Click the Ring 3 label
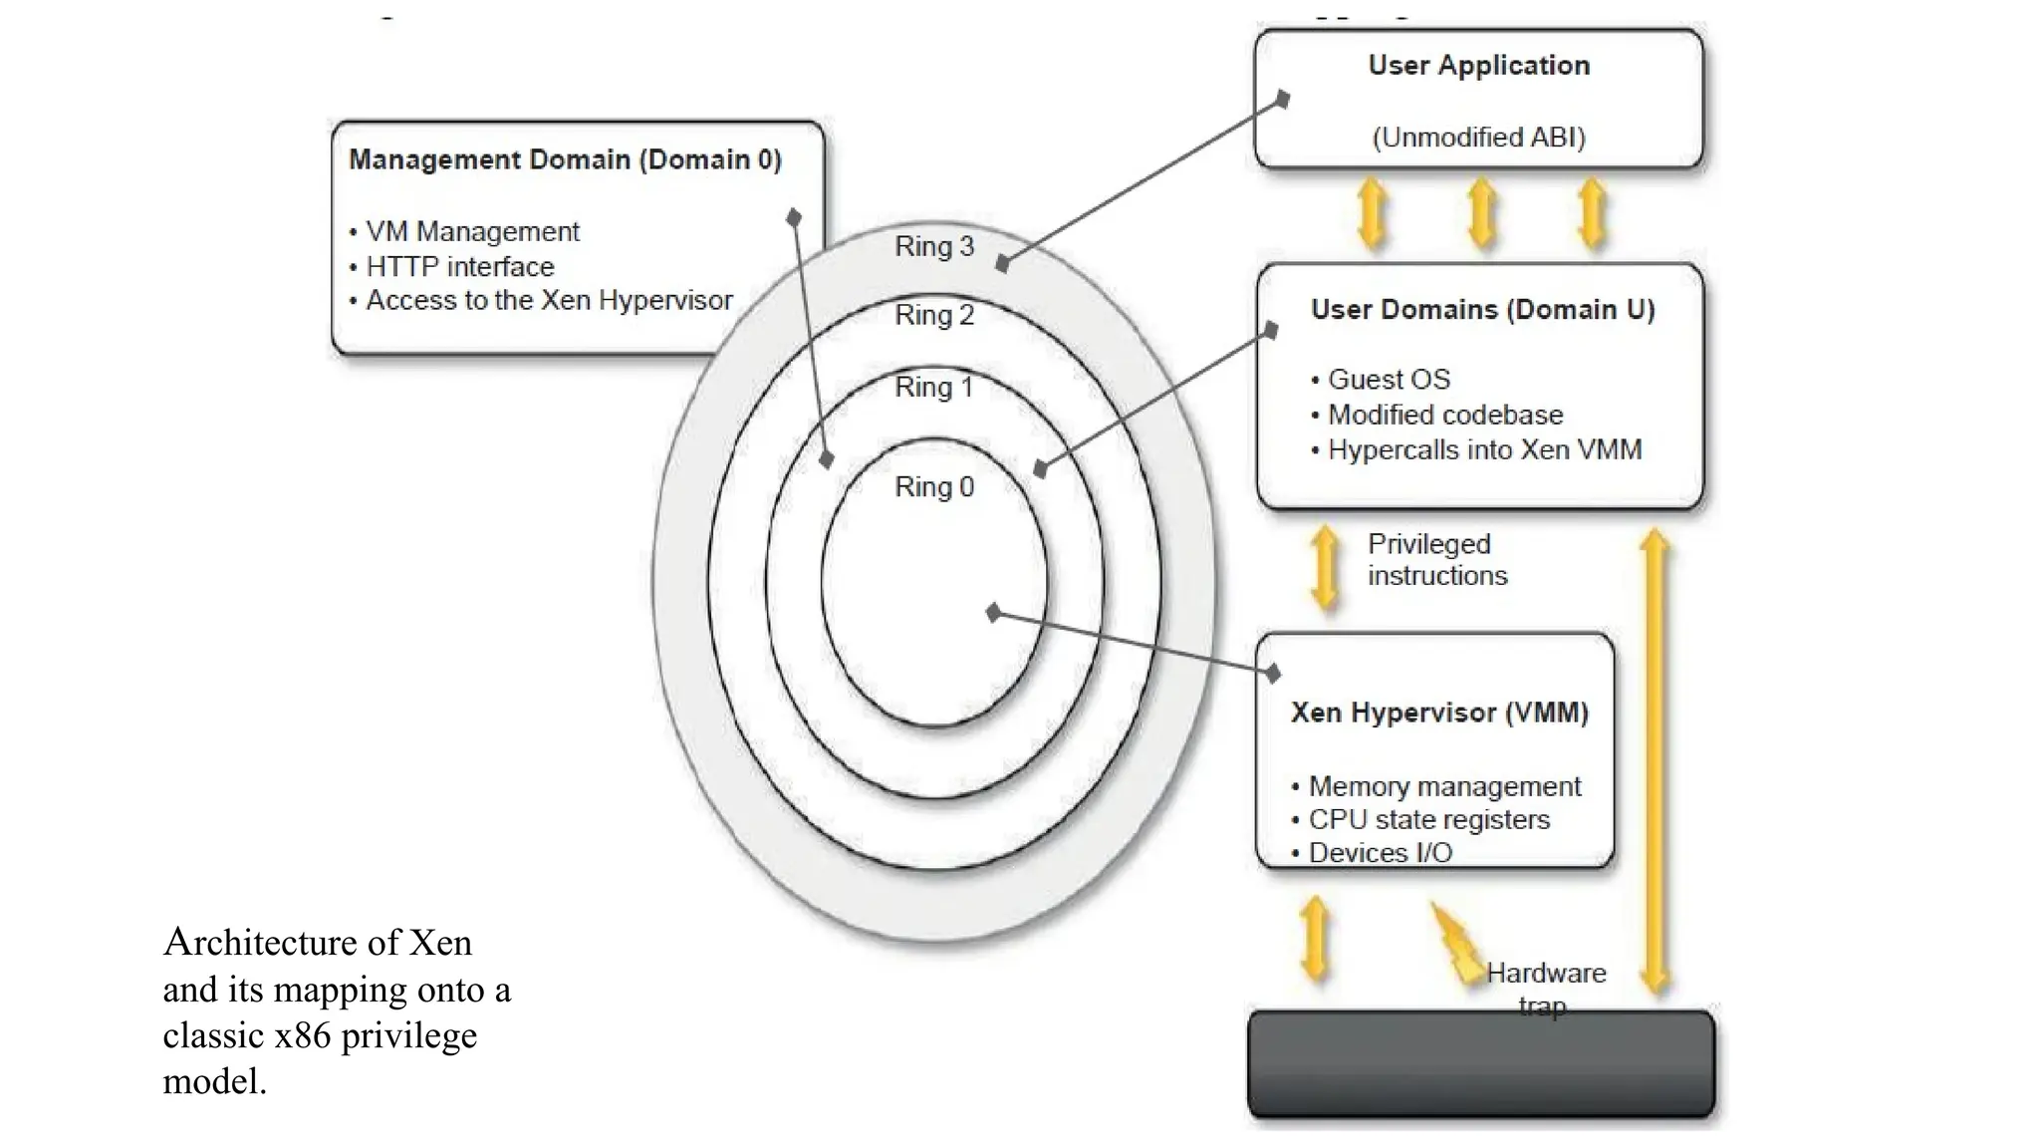pyautogui.click(x=933, y=246)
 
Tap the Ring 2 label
pyautogui.click(x=933, y=315)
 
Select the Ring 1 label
pyautogui.click(x=933, y=387)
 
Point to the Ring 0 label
pyautogui.click(x=933, y=487)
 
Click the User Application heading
pyautogui.click(x=1478, y=66)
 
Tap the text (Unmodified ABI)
pyautogui.click(x=1478, y=137)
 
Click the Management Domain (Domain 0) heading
pyautogui.click(x=565, y=159)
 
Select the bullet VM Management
pyautogui.click(x=471, y=231)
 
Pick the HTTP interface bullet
pyautogui.click(x=459, y=266)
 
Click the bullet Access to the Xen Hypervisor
pyautogui.click(x=548, y=300)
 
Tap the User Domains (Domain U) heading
pyautogui.click(x=1482, y=309)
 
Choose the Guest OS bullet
pyautogui.click(x=1388, y=380)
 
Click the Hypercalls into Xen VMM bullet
pyautogui.click(x=1483, y=450)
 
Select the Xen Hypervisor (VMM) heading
pyautogui.click(x=1438, y=713)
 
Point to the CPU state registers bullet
pyautogui.click(x=1428, y=820)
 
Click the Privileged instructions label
pyautogui.click(x=1435, y=559)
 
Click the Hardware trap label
pyautogui.click(x=1545, y=987)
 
